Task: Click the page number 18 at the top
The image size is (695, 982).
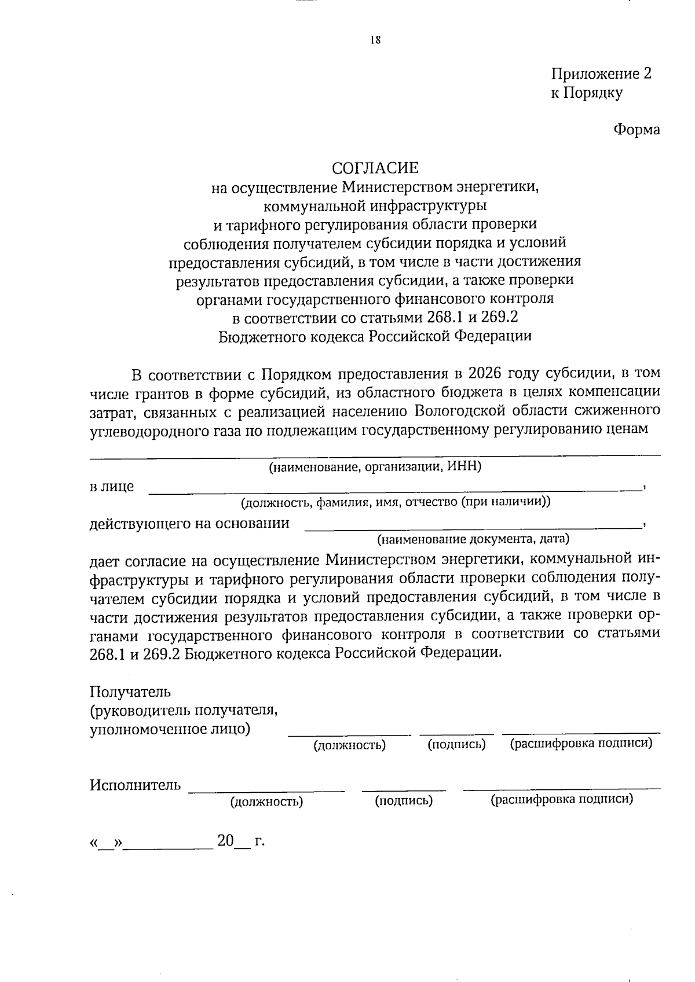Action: (x=375, y=40)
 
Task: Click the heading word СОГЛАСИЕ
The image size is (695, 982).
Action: (x=375, y=168)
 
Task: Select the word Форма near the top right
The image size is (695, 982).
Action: (x=637, y=130)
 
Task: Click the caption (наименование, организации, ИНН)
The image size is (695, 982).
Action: (x=375, y=467)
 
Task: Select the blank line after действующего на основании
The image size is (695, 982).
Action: (x=472, y=527)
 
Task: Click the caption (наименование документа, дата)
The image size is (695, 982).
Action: (x=473, y=540)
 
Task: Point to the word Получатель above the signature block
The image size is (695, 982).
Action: (x=130, y=692)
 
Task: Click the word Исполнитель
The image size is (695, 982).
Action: (x=135, y=786)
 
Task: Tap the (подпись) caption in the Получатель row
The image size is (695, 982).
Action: (x=456, y=745)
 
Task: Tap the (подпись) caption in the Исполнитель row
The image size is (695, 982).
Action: (x=404, y=801)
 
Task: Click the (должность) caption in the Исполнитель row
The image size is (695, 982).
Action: (x=266, y=802)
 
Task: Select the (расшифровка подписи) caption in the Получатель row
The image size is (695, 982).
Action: (x=580, y=744)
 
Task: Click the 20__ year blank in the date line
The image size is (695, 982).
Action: (x=233, y=841)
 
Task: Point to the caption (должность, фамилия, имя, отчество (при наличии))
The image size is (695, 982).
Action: (x=396, y=502)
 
